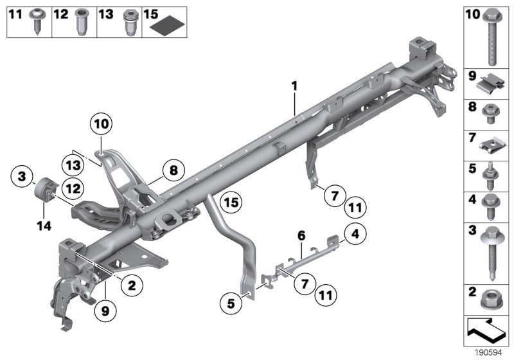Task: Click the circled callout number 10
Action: point(101,122)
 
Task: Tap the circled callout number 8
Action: point(172,170)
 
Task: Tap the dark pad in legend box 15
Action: point(171,26)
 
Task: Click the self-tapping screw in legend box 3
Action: point(491,254)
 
